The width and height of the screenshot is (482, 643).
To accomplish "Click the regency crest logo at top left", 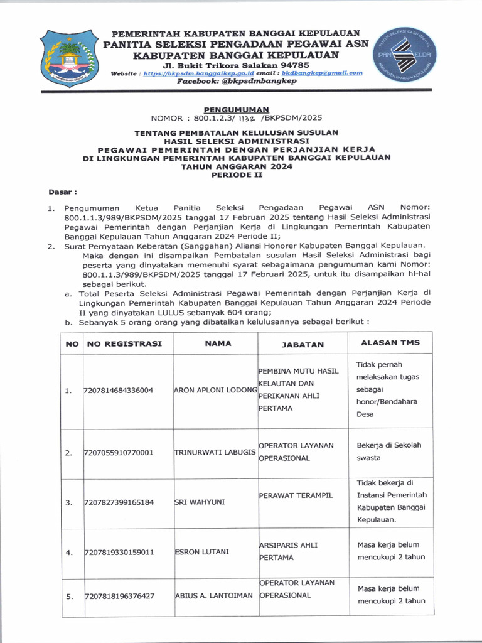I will (68, 58).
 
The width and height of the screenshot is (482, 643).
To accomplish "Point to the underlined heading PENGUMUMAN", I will (236, 109).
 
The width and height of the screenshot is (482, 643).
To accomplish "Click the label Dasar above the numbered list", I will (63, 191).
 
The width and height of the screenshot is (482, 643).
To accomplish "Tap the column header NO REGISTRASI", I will (124, 343).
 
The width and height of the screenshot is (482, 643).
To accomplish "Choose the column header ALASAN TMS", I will (390, 342).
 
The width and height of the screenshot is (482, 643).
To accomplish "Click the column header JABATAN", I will (303, 344).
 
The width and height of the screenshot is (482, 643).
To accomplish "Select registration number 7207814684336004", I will (119, 391).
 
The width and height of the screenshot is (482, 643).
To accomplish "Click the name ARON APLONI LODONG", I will (215, 390).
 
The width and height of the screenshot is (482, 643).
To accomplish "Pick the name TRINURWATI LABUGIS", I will (215, 452).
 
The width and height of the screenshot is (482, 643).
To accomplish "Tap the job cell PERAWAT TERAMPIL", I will (296, 495).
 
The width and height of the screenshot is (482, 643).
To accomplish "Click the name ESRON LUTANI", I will (201, 552).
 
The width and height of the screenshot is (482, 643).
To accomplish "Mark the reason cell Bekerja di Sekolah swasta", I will (389, 451).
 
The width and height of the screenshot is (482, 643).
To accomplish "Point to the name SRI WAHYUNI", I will (200, 502).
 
